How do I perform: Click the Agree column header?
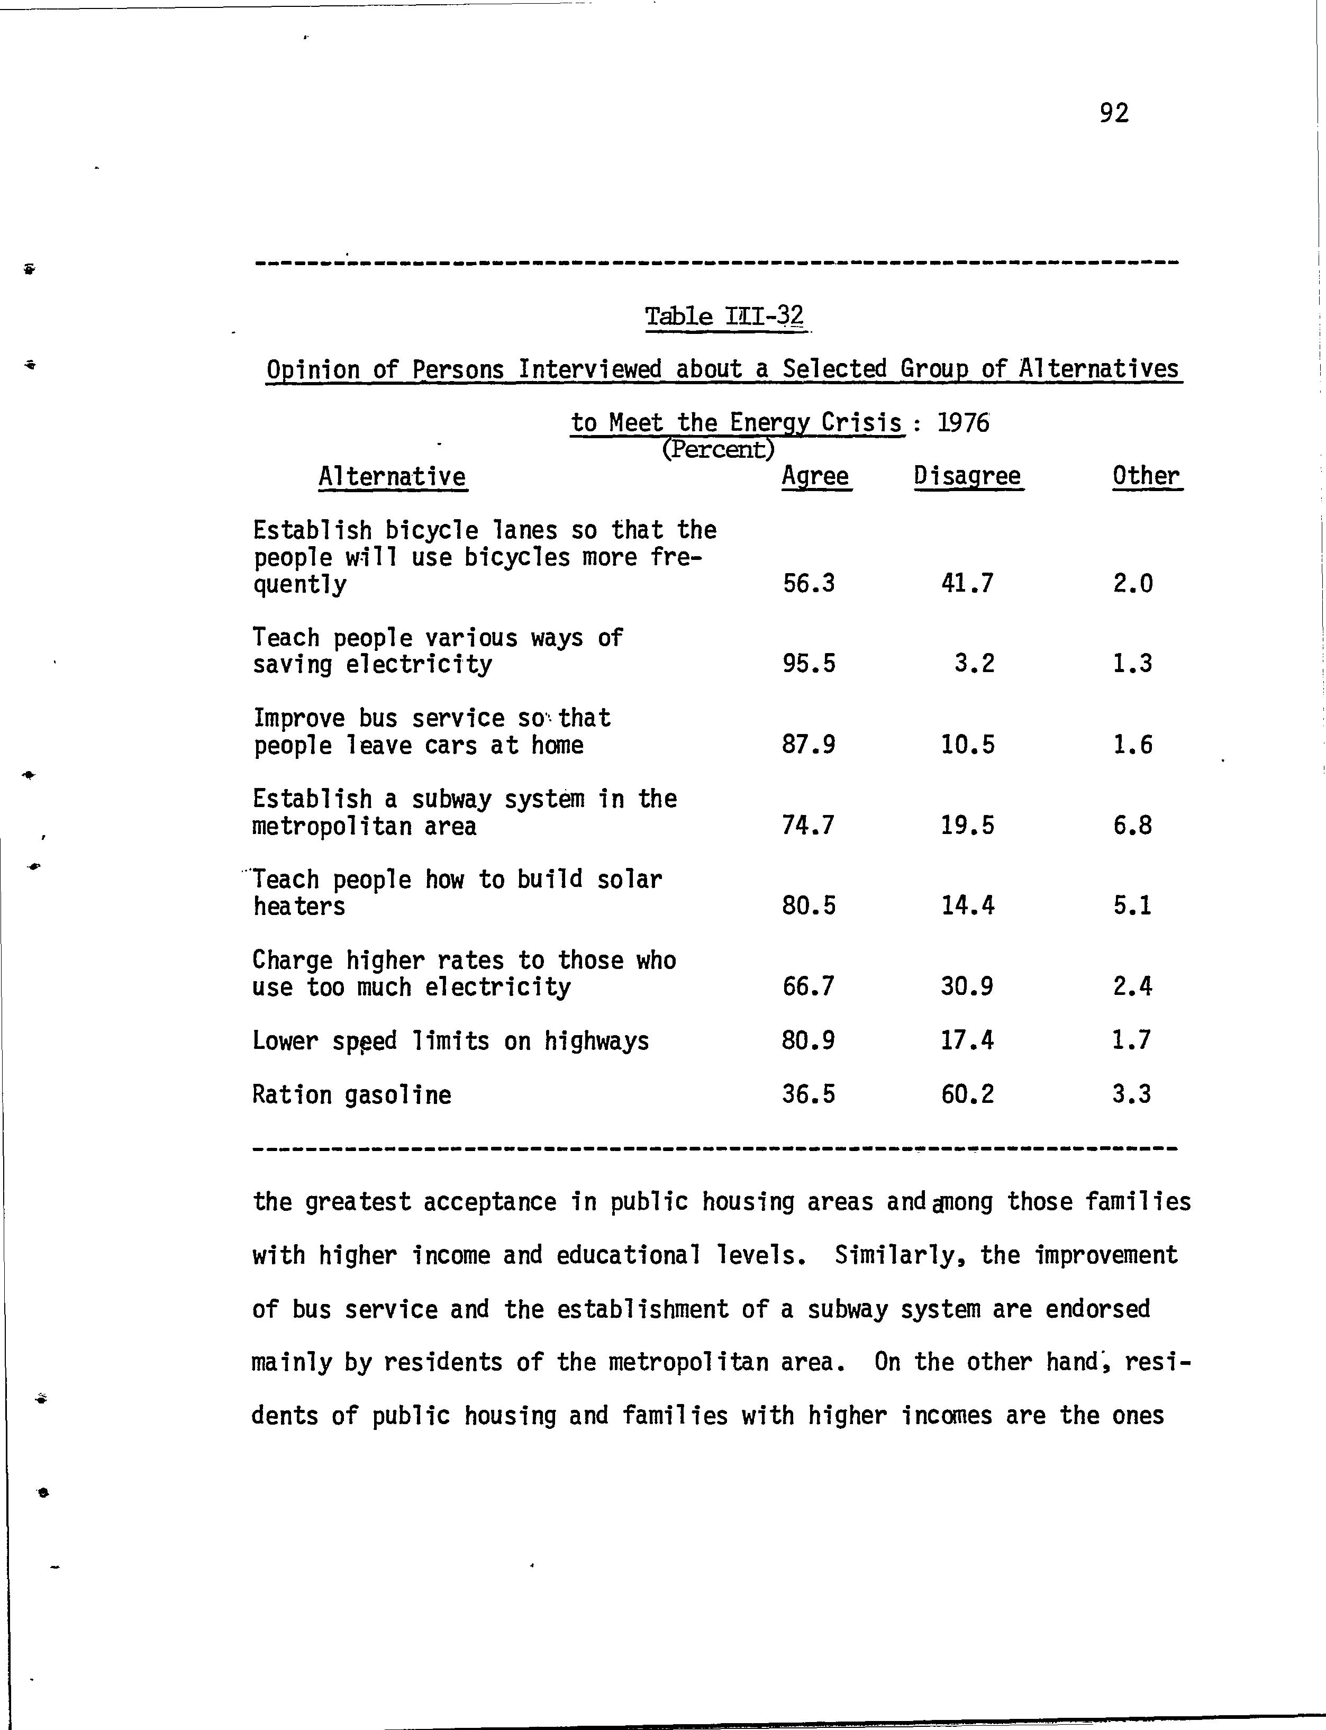tap(815, 477)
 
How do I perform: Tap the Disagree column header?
tap(968, 477)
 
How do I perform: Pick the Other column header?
tap(1146, 477)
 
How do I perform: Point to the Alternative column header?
tap(392, 477)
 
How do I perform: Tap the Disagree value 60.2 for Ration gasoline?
tap(968, 1094)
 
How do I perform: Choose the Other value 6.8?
tap(1133, 826)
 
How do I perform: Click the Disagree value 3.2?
tap(975, 664)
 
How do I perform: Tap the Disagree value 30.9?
tap(968, 986)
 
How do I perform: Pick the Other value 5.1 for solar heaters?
tap(1133, 906)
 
